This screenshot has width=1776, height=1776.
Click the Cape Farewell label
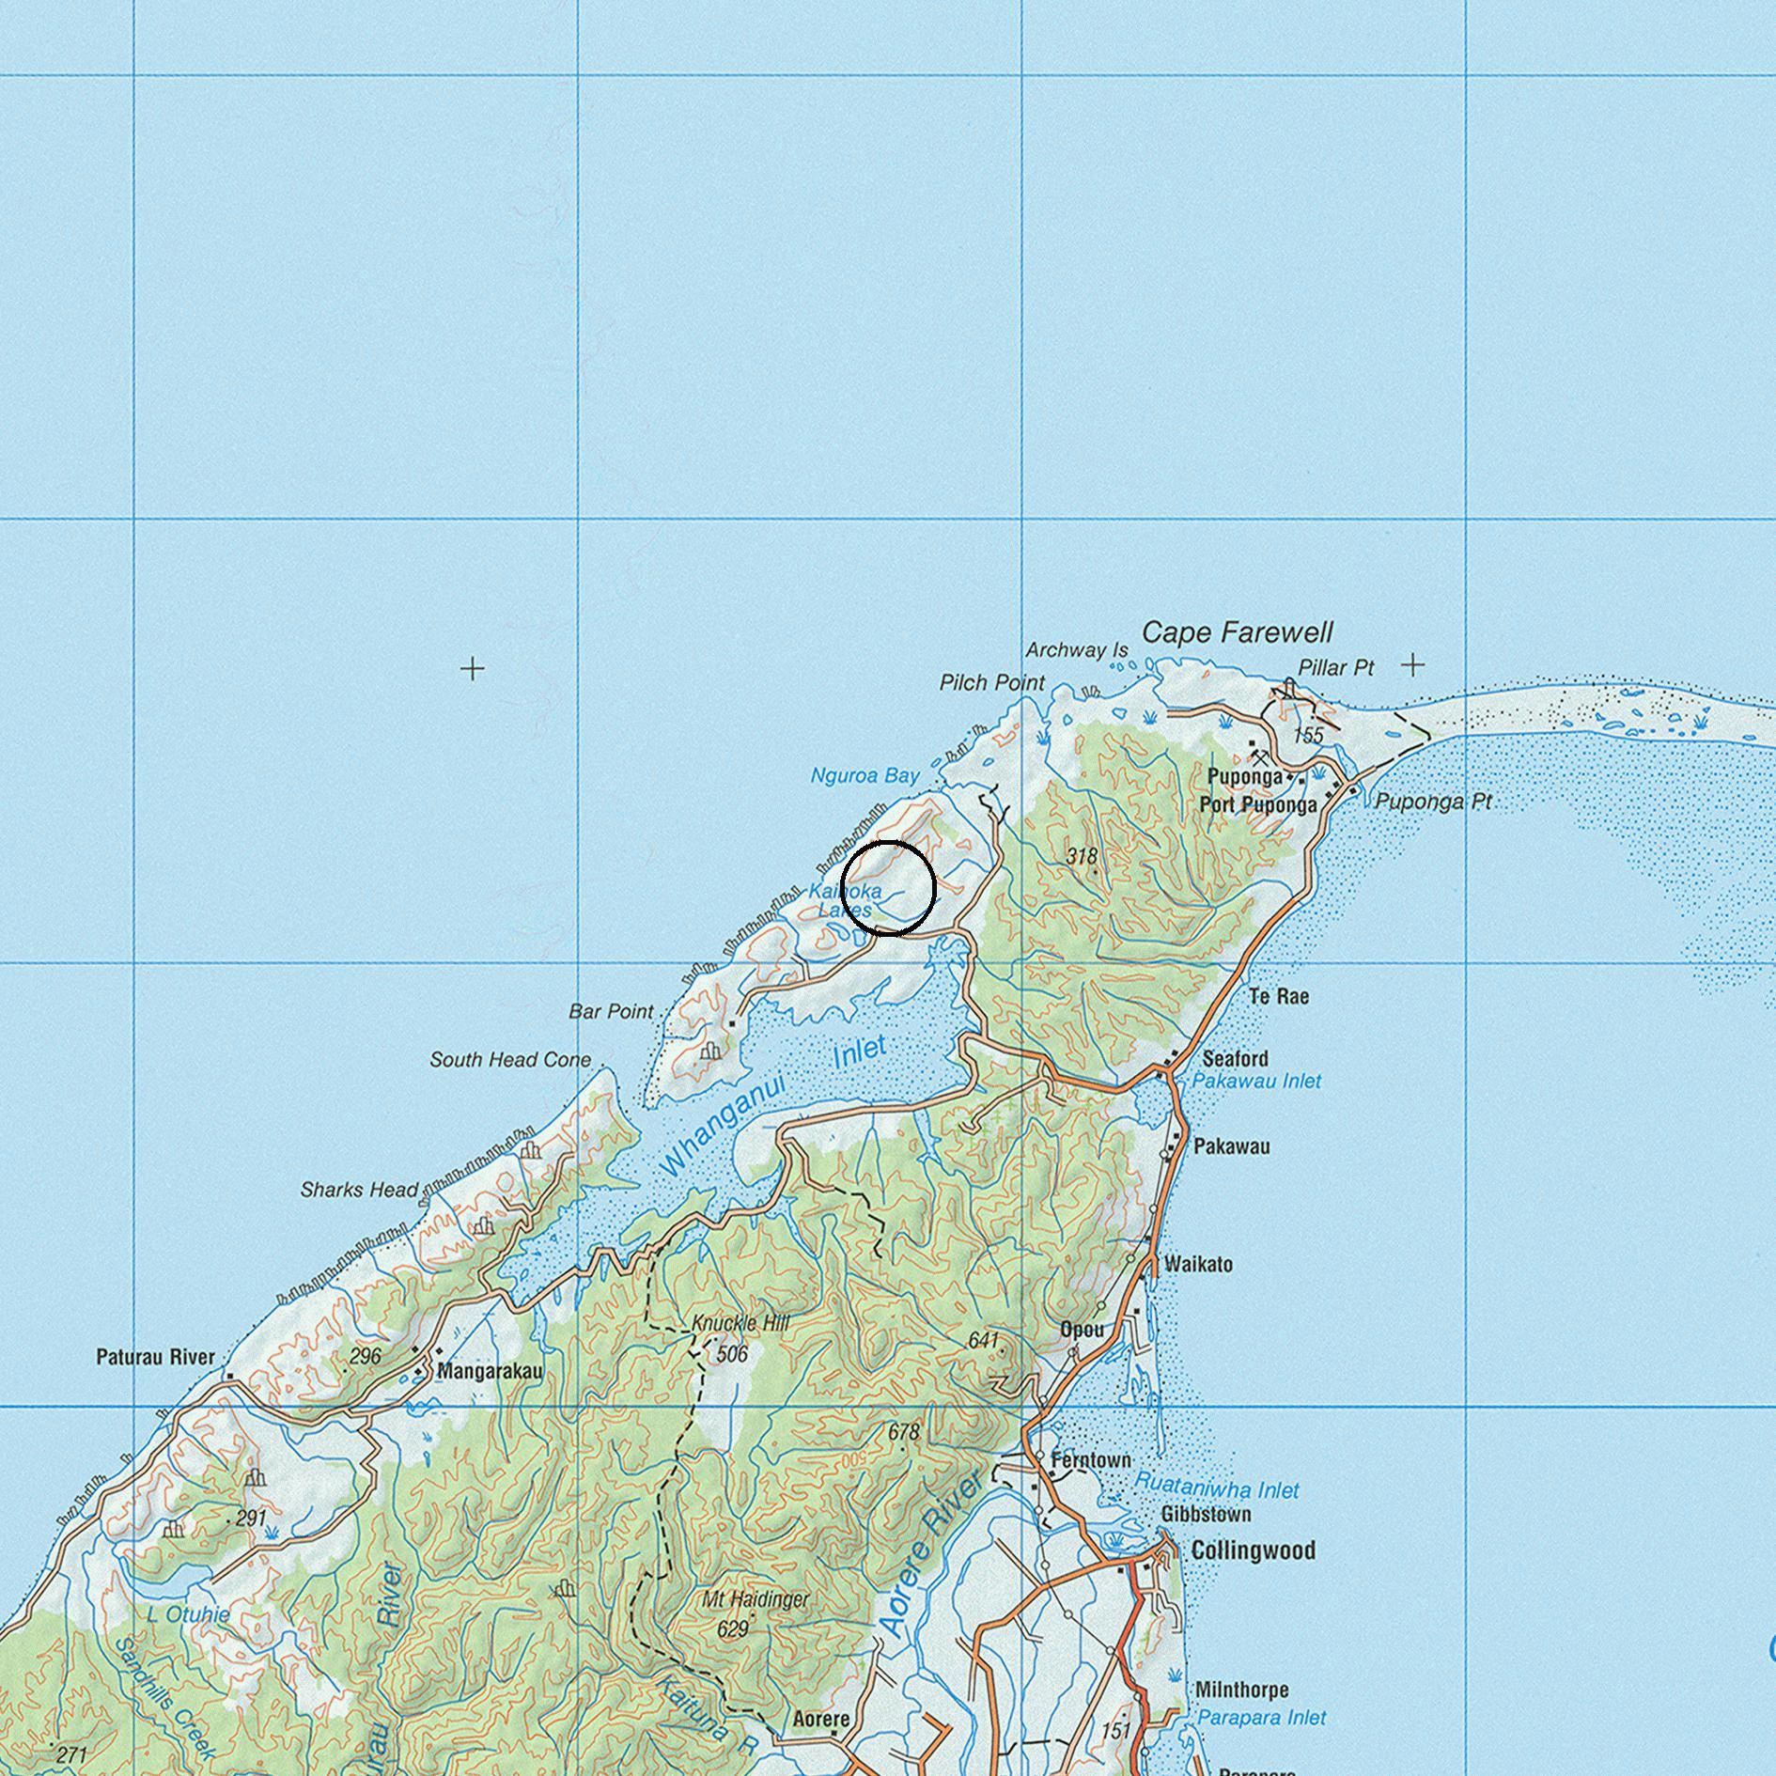coord(1238,633)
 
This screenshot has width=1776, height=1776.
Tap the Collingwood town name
coord(1253,1550)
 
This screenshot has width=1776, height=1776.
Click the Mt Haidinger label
coord(756,1599)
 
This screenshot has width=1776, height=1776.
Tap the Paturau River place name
coord(156,1357)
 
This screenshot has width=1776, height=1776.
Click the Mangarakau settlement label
coord(490,1371)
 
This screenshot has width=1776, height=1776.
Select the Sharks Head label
coord(359,1190)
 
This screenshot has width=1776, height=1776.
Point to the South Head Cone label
coord(510,1060)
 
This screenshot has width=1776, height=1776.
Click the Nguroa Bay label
coord(865,776)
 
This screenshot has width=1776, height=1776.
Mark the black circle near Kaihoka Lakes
coord(888,888)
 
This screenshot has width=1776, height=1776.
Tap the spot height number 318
coord(1083,856)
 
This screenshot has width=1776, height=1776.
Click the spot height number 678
coord(904,1432)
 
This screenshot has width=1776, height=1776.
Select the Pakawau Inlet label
coord(1256,1081)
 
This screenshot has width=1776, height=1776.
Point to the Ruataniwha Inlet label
coord(1216,1489)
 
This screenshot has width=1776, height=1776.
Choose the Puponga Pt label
coord(1433,802)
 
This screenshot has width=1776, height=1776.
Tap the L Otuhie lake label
coord(188,1614)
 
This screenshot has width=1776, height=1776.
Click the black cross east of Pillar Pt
coord(1412,665)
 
